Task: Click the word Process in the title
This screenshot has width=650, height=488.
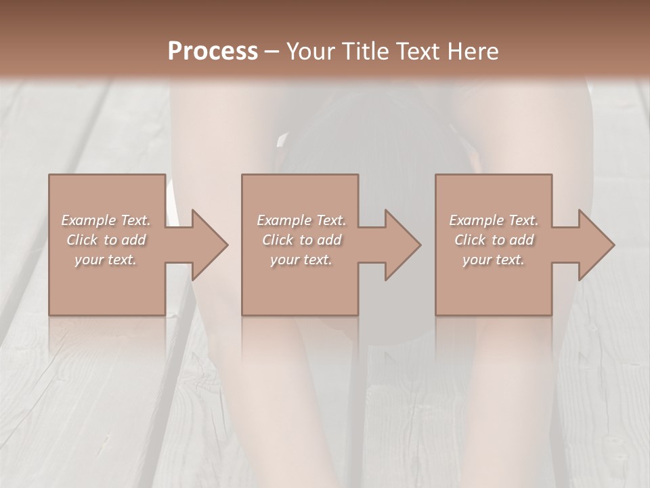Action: pos(213,52)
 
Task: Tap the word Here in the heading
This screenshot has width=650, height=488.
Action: pos(472,52)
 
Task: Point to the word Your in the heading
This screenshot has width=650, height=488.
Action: pos(310,52)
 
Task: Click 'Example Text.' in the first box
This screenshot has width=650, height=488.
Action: pos(106,220)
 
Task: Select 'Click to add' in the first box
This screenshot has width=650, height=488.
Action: pos(106,240)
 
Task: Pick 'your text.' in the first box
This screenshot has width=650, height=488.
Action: pos(106,260)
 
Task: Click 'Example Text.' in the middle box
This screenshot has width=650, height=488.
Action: pos(301,220)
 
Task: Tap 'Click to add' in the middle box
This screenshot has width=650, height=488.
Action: pos(301,240)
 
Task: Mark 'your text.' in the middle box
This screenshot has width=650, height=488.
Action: pos(301,260)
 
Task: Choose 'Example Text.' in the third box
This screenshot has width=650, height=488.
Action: pos(494,220)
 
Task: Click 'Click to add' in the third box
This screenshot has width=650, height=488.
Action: pos(494,240)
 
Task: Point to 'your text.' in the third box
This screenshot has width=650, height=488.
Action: pos(494,260)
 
